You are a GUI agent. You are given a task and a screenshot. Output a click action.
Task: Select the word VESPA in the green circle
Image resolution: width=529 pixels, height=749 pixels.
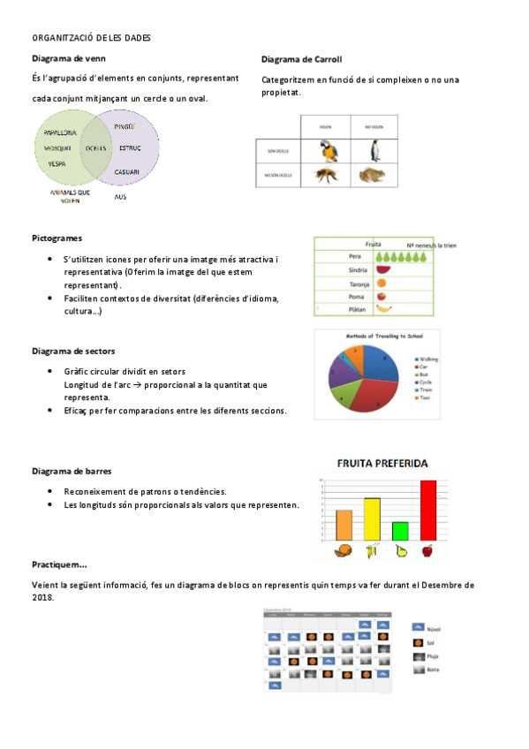tap(57, 164)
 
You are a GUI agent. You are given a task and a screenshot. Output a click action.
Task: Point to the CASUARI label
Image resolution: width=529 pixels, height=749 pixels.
tap(127, 170)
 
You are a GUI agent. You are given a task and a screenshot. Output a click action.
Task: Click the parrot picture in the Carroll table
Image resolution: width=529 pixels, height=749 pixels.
tap(327, 151)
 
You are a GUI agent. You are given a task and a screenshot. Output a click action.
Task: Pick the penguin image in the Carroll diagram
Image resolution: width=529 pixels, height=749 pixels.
tap(374, 150)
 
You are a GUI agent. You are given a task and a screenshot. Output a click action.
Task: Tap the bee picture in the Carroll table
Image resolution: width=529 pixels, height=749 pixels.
tap(327, 175)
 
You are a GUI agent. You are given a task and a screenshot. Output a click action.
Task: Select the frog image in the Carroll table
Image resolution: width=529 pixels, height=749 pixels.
tap(374, 175)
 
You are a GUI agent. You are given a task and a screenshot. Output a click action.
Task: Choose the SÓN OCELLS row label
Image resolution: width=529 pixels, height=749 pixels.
tap(278, 151)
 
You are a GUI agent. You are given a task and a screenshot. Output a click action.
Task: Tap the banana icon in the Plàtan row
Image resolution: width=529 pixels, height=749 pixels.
tap(383, 309)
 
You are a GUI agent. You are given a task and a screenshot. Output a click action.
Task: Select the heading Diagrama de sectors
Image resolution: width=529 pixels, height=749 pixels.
tap(72, 352)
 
